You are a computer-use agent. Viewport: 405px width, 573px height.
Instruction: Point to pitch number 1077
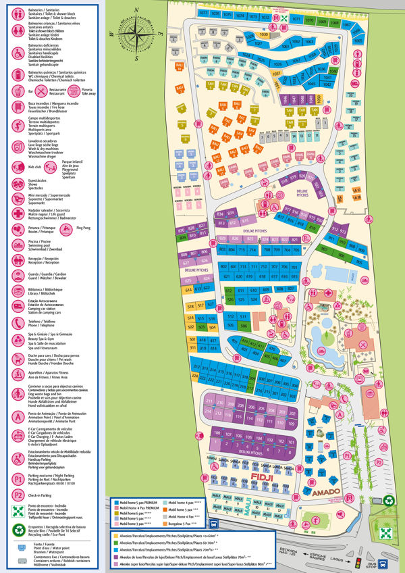204,13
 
